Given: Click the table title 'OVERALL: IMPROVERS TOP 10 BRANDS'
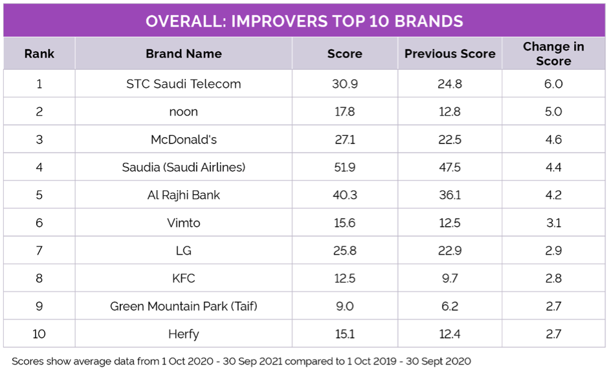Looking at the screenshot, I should (x=304, y=21).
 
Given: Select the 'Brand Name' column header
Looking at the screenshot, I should (x=184, y=54).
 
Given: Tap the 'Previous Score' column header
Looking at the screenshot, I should (x=450, y=54).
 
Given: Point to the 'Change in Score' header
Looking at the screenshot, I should (x=553, y=54).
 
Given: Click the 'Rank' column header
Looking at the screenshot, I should (x=39, y=54).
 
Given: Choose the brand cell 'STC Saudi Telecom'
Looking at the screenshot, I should (x=184, y=83).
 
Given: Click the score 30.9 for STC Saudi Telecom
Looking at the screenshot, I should (x=344, y=83).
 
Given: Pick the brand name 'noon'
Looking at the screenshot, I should (x=184, y=111).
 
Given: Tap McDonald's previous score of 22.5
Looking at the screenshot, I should (x=450, y=139).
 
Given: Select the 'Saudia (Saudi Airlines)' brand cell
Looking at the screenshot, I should (x=184, y=167).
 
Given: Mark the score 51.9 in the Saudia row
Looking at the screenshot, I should (x=344, y=167).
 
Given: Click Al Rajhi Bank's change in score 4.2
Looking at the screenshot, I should (x=553, y=195).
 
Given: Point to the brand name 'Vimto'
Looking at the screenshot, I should (x=184, y=222).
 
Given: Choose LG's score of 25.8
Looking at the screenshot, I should (x=344, y=250).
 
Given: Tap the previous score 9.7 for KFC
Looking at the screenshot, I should (x=450, y=278).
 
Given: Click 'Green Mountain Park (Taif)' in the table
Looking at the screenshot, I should (x=184, y=306).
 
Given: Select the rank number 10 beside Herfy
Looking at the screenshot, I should (x=39, y=334).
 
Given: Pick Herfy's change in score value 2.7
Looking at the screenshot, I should (x=553, y=334).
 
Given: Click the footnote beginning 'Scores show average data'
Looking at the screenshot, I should (x=241, y=361).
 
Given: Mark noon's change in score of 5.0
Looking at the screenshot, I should (x=553, y=111).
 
